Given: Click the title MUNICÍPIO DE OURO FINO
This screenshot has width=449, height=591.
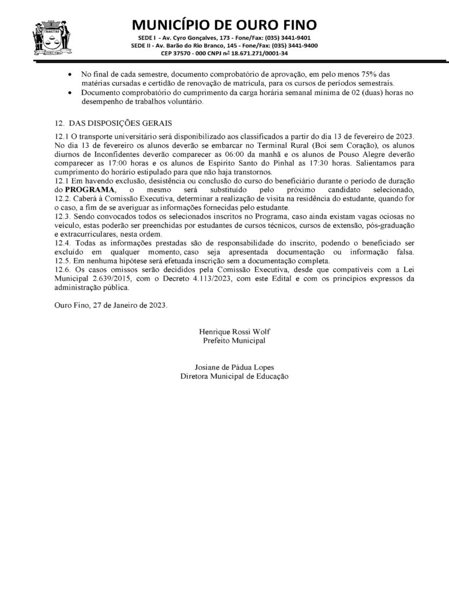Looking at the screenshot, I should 224,25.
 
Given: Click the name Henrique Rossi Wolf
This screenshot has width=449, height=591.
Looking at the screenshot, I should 234,332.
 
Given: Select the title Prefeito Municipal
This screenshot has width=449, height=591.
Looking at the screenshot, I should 234,341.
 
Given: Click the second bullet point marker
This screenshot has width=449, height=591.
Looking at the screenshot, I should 70,93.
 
